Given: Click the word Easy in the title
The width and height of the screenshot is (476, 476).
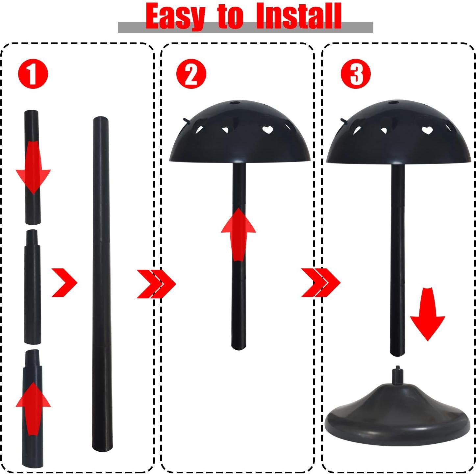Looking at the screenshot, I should tap(175, 16).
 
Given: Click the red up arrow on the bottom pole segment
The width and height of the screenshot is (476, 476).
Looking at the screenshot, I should tap(33, 408).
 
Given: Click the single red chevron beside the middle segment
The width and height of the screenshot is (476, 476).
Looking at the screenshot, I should tap(64, 283).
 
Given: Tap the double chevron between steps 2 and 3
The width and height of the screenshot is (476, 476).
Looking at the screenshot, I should tap(320, 283).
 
